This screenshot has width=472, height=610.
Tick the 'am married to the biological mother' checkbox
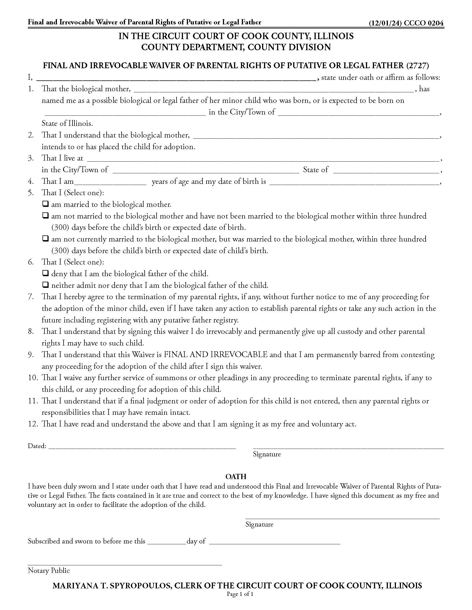click(45, 204)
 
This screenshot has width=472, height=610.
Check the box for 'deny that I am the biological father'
click(45, 273)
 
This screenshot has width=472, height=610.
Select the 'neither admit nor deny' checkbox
click(45, 285)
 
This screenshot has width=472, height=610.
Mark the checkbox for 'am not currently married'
click(45, 239)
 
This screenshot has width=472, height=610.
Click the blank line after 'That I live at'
click(263, 159)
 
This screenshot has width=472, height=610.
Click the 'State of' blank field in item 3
click(386, 171)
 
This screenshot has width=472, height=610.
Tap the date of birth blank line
click(354, 182)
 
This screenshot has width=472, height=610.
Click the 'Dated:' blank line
click(142, 446)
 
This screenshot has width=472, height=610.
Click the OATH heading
click(236, 476)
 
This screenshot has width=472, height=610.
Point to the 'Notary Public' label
click(49, 570)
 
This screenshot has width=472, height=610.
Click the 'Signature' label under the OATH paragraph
click(259, 524)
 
